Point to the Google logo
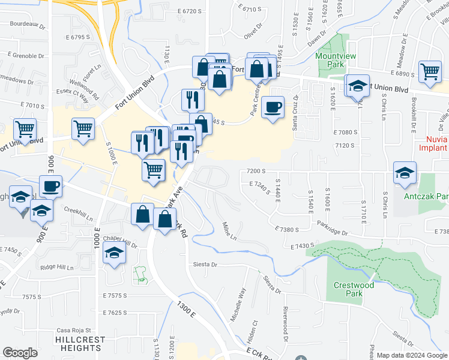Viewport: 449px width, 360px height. tap(20, 353)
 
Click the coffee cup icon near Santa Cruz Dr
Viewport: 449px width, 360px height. tap(274, 107)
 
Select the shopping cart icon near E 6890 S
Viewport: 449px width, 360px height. tap(430, 72)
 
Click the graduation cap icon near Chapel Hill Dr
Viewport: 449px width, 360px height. tap(113, 254)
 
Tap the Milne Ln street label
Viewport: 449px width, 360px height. tap(230, 230)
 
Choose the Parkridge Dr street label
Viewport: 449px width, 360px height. tap(333, 229)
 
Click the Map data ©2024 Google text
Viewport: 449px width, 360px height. tap(412, 355)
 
